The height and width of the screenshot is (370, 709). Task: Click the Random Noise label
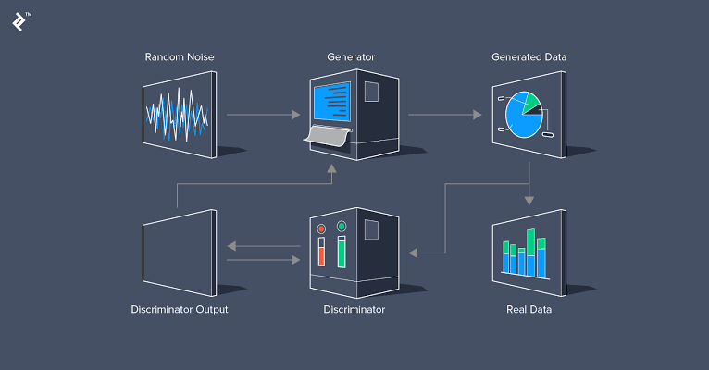click(x=180, y=57)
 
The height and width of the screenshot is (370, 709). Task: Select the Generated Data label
click(x=529, y=57)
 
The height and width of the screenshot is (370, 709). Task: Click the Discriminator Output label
click(x=180, y=309)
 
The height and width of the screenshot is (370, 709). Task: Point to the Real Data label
click(x=529, y=309)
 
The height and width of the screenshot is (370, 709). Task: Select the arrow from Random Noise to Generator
click(x=264, y=115)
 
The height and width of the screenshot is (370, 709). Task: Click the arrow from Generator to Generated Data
click(x=444, y=115)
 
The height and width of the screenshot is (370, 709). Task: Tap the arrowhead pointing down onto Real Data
click(x=529, y=200)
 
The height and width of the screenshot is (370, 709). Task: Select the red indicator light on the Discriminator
click(x=321, y=228)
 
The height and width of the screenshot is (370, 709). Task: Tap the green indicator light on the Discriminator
click(x=342, y=226)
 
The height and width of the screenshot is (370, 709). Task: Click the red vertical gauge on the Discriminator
click(x=321, y=253)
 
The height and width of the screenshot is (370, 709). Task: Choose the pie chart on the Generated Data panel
click(x=522, y=115)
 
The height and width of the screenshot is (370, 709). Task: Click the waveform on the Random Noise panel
click(x=176, y=115)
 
